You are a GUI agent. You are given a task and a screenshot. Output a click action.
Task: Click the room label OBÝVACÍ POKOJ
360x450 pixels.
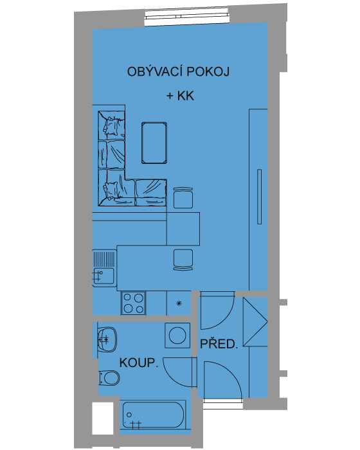click(x=178, y=71)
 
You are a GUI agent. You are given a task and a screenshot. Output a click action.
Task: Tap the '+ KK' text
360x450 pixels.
click(x=180, y=96)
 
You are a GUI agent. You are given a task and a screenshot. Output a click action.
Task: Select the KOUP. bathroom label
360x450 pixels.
click(x=139, y=363)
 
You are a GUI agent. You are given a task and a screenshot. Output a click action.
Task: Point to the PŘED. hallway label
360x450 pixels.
click(x=219, y=344)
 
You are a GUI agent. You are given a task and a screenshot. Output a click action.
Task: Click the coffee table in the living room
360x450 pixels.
click(x=154, y=143)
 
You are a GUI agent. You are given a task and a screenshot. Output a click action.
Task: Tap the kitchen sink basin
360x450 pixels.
click(x=103, y=276)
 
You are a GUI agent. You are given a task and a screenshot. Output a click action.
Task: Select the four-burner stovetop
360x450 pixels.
click(x=134, y=303)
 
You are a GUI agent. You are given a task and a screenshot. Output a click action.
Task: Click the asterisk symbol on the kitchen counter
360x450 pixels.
click(x=179, y=303)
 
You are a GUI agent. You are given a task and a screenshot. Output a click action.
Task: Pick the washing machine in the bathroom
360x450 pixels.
click(x=177, y=336)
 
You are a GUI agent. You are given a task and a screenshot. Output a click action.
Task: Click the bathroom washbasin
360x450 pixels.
click(x=107, y=339)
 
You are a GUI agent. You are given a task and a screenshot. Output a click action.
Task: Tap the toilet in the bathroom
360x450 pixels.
click(x=109, y=378)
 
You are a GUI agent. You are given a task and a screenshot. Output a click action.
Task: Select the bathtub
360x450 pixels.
click(x=153, y=415)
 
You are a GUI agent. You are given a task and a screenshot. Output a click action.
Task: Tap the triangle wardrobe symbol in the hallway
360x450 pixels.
click(x=255, y=321)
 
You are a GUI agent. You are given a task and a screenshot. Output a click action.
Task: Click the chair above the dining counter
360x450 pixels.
click(x=183, y=198)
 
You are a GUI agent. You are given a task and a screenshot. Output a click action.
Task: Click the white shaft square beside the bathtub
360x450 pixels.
click(x=103, y=418)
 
